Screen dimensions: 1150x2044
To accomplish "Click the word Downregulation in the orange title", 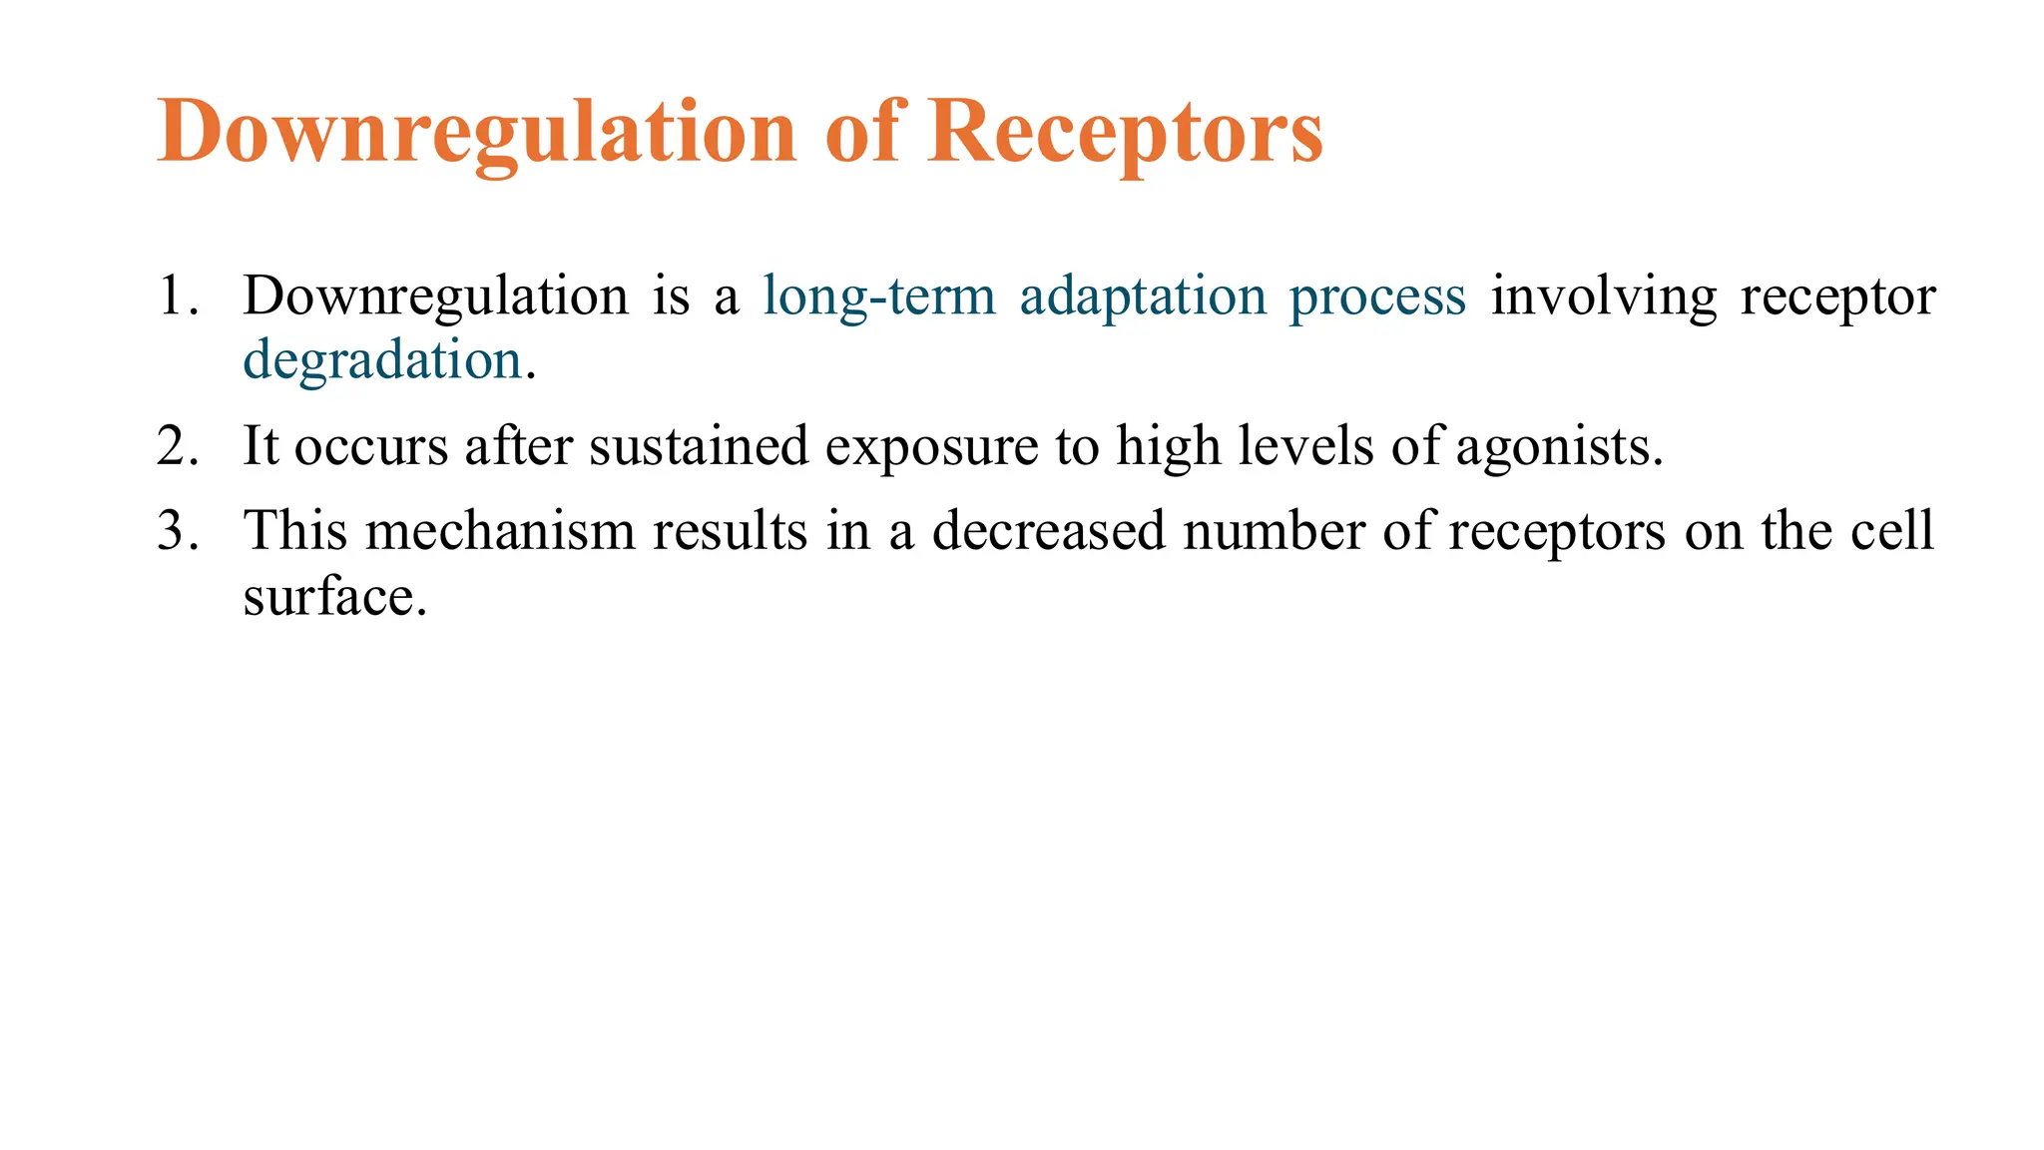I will (477, 133).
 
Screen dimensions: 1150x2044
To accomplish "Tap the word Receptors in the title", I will (1125, 133).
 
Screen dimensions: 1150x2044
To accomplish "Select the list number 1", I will (177, 296).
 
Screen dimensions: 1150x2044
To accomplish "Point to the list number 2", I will (177, 446).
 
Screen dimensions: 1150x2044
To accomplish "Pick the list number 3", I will (177, 531).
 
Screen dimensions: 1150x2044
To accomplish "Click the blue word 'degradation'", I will (383, 360).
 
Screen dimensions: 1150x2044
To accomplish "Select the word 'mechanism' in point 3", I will (500, 531).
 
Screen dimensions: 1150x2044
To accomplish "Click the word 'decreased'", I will (1048, 531).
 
